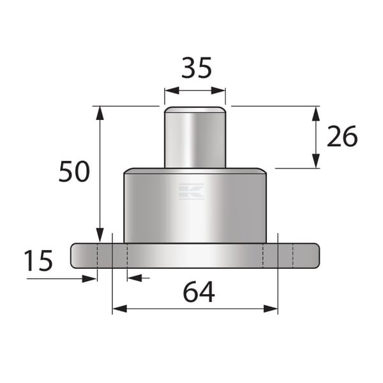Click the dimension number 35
coord(197,68)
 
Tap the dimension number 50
coord(74,172)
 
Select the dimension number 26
coord(342,136)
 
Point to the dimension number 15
coord(38,260)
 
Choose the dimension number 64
coord(199,292)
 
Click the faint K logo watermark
coord(191,191)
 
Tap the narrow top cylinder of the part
coord(195,137)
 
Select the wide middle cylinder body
coord(195,206)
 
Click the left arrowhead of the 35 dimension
coord(172,91)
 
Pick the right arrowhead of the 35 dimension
coord(218,91)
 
